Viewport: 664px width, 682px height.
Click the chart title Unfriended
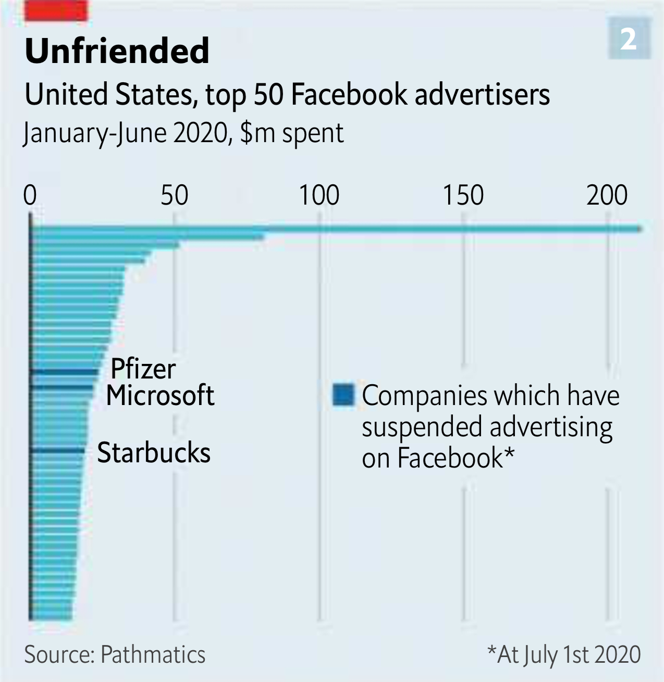(x=117, y=51)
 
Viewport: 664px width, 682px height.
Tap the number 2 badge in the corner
(x=629, y=39)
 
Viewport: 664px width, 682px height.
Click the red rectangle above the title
(x=56, y=10)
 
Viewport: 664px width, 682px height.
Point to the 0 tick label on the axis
(x=30, y=196)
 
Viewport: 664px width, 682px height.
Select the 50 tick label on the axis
(x=174, y=196)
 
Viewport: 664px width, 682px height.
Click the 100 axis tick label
(x=318, y=196)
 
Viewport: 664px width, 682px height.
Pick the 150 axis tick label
(x=463, y=196)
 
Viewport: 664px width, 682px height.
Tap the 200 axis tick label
(x=607, y=196)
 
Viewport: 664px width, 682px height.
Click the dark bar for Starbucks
(x=57, y=451)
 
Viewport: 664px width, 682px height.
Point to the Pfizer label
(x=143, y=369)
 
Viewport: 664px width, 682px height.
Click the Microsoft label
(x=160, y=396)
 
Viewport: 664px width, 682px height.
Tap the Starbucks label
(x=154, y=453)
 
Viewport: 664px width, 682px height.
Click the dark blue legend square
(x=343, y=395)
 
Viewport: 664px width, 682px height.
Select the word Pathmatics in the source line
(x=153, y=654)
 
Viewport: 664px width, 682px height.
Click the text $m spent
(x=291, y=133)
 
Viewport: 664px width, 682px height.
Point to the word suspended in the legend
(x=423, y=428)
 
